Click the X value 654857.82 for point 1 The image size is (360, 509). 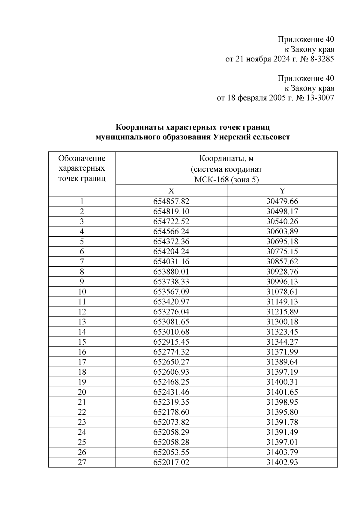[x=171, y=202]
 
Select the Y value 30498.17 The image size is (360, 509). [x=282, y=211]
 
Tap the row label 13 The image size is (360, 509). [x=82, y=322]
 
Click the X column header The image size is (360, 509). [x=171, y=191]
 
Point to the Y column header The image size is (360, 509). [x=282, y=191]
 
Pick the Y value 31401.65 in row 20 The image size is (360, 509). [x=282, y=392]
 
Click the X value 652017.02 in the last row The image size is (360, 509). [x=171, y=462]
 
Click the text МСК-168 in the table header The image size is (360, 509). [x=209, y=180]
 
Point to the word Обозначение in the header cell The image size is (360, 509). [x=82, y=158]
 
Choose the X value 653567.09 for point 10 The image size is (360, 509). [x=171, y=292]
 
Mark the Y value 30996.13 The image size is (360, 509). [x=282, y=282]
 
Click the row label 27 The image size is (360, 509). [x=82, y=462]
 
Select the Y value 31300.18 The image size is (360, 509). [x=282, y=322]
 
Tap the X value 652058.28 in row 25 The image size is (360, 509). [x=171, y=442]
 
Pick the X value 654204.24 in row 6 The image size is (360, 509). [x=171, y=252]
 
